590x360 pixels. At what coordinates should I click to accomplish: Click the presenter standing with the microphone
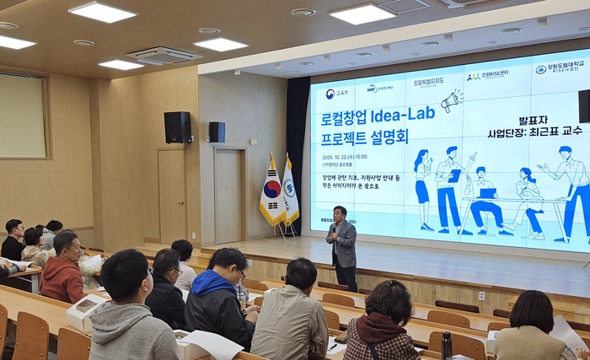pyautogui.click(x=342, y=245)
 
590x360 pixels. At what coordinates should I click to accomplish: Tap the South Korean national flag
pyautogui.click(x=271, y=192)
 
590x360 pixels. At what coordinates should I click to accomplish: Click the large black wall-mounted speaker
pyautogui.click(x=177, y=127)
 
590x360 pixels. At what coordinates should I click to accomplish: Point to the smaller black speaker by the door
pyautogui.click(x=217, y=132)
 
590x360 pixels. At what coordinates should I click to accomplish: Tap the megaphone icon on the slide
pyautogui.click(x=451, y=101)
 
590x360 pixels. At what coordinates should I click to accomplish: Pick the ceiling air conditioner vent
pyautogui.click(x=164, y=55)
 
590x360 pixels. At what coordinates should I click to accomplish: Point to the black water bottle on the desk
pyautogui.click(x=446, y=345)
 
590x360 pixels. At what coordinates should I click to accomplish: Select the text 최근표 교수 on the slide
pyautogui.click(x=552, y=133)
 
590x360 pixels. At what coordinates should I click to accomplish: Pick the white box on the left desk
pyautogui.click(x=84, y=311)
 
